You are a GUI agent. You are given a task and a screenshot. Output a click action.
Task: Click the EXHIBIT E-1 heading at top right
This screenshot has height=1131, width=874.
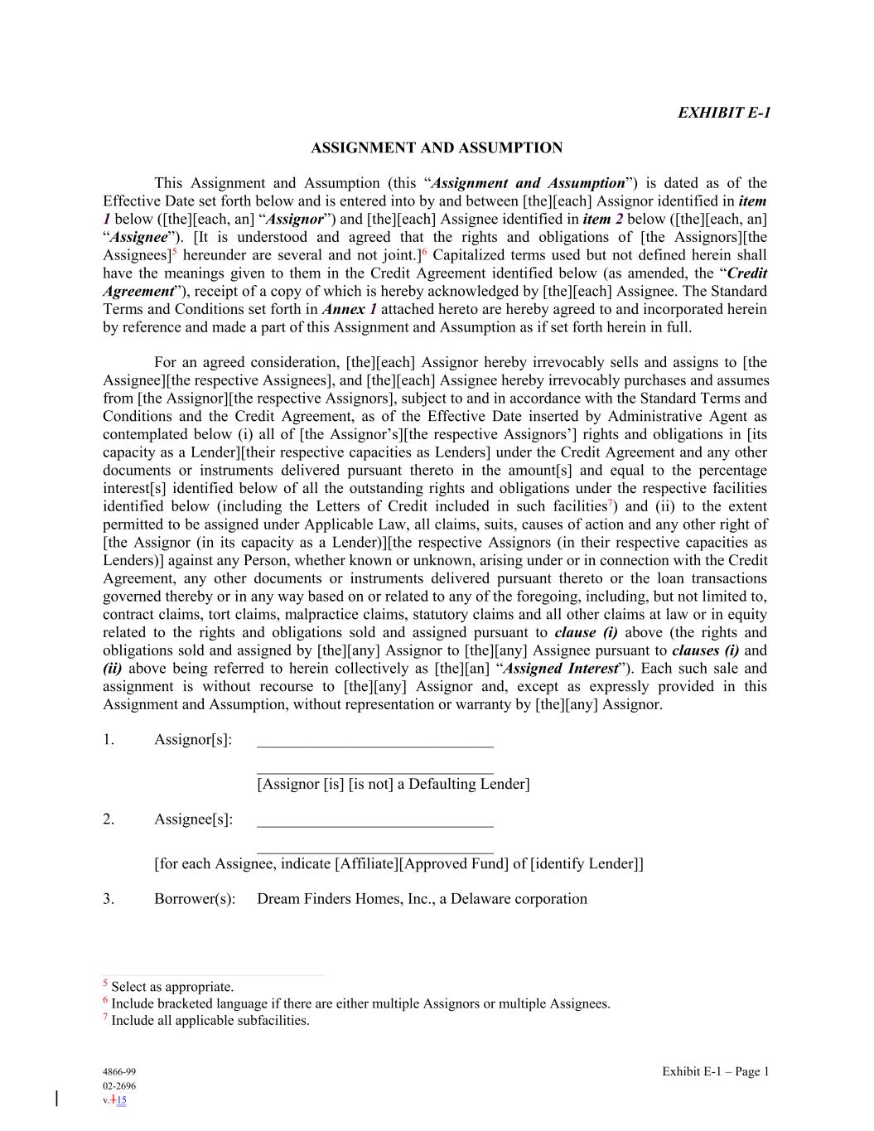click(x=723, y=113)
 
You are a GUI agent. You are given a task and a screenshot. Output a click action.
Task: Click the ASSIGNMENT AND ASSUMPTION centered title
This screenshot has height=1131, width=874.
click(x=437, y=148)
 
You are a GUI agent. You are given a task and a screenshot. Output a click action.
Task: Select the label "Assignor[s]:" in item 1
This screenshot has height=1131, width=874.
click(x=193, y=740)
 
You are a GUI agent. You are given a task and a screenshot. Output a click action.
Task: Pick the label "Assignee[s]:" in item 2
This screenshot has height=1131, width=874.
click(x=193, y=819)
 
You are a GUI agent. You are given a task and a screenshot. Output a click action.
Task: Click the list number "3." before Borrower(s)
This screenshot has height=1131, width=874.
click(x=109, y=899)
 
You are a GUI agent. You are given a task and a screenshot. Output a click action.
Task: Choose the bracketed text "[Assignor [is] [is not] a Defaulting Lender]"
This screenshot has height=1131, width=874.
click(x=394, y=784)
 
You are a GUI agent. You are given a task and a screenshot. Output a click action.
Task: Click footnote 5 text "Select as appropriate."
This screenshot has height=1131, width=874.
click(x=172, y=987)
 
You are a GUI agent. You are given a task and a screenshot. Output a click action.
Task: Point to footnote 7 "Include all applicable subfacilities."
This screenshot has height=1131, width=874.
click(x=210, y=1021)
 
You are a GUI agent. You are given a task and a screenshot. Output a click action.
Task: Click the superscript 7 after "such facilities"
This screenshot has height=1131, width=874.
click(x=611, y=503)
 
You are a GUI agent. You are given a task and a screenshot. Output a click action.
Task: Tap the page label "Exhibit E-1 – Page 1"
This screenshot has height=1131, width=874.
click(x=715, y=1072)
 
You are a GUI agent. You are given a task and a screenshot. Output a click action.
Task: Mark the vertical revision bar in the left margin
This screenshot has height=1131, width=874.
click(x=56, y=1099)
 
